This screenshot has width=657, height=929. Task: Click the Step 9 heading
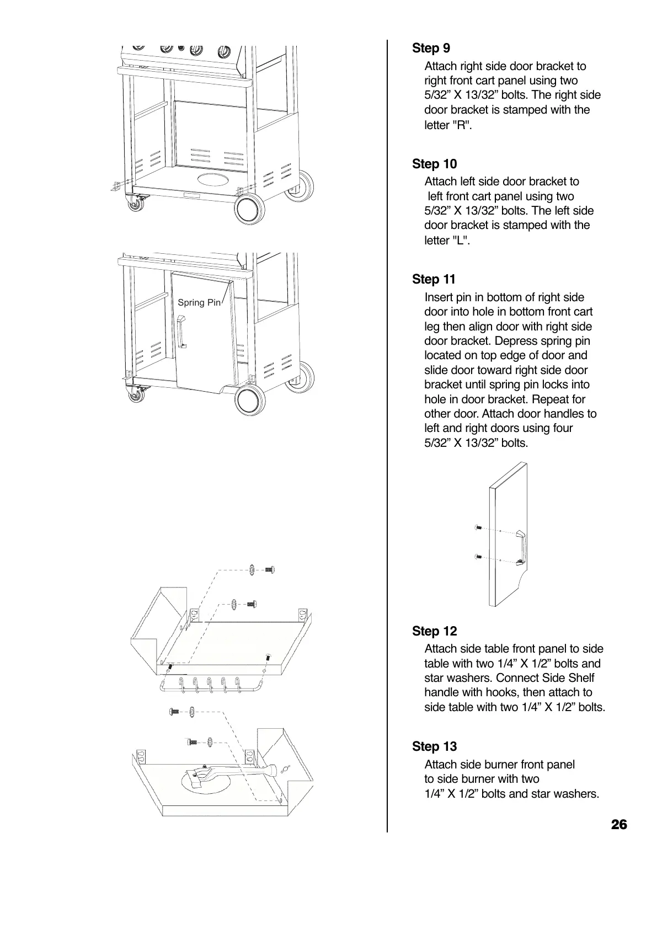[431, 49]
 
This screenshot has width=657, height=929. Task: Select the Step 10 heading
[434, 164]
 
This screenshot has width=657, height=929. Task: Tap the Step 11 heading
[434, 280]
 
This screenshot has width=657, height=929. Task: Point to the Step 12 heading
[434, 631]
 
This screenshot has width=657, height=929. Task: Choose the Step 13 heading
[434, 746]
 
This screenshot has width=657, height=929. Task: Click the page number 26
[619, 825]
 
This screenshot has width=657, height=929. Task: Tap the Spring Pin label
[199, 303]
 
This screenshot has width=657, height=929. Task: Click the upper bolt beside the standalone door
[478, 528]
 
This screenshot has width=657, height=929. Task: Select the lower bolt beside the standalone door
[478, 556]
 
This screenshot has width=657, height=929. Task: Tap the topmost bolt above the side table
[269, 570]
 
